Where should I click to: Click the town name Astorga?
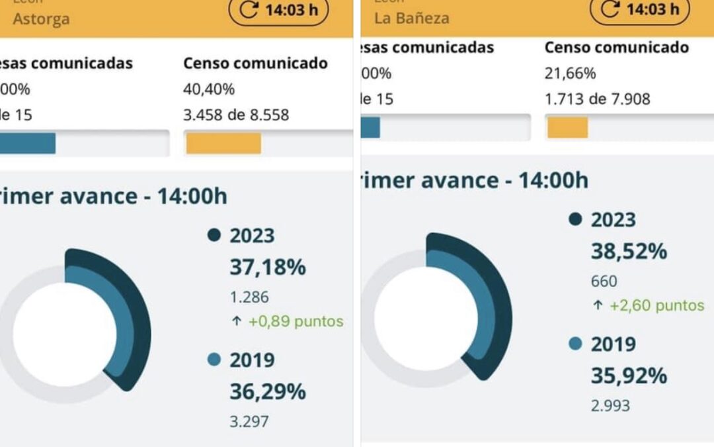pos(41,19)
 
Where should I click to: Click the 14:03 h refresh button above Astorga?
pos(278,11)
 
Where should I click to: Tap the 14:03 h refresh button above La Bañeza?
pos(639,9)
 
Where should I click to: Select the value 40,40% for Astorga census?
pos(209,89)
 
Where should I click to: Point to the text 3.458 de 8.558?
pos(236,115)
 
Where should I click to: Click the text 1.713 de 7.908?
pos(597,99)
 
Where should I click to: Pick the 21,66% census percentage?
pos(570,74)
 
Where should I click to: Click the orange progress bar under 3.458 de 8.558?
pos(223,143)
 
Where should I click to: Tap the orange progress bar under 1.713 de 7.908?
pos(567,127)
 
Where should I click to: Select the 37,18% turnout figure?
pos(268,268)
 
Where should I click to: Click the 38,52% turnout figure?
pos(629,252)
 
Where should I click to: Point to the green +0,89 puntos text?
pos(296,322)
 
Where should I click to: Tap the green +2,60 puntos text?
pos(656,305)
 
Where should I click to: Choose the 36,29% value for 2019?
pos(268,391)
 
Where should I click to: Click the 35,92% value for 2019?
pos(629,375)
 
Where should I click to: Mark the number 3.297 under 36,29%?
pos(249,421)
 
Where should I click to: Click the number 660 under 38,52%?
pos(604,281)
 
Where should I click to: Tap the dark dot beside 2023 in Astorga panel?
pos(214,235)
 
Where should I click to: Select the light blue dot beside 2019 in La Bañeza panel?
pos(575,344)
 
